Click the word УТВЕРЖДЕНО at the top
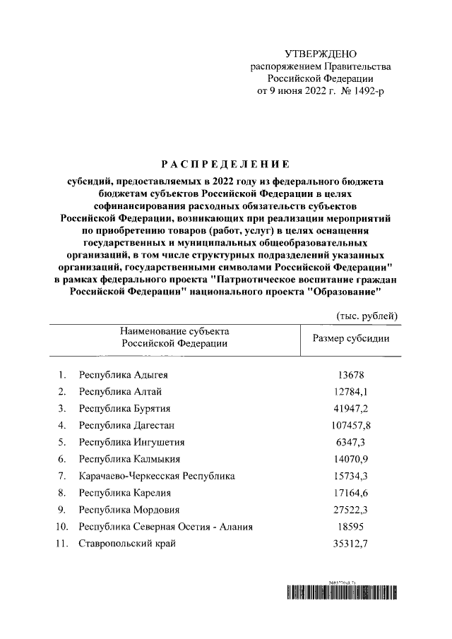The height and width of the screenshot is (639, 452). click(x=321, y=54)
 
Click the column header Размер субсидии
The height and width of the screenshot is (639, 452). click(x=351, y=338)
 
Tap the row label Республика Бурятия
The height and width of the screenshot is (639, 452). click(x=124, y=408)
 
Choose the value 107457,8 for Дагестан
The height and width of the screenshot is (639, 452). click(x=351, y=425)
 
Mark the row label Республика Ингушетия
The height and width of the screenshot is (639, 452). click(x=131, y=442)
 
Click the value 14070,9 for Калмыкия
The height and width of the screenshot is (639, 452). click(x=351, y=459)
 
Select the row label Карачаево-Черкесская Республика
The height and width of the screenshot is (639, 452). click(x=157, y=476)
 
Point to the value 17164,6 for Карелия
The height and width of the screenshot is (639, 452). click(x=351, y=493)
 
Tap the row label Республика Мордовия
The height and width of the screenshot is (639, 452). click(x=129, y=510)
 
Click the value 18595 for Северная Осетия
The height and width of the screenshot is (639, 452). click(x=351, y=527)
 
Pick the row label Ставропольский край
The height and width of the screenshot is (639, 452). click(x=127, y=543)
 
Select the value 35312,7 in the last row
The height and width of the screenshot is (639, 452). click(x=351, y=543)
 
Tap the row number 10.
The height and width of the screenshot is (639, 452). click(x=62, y=527)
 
